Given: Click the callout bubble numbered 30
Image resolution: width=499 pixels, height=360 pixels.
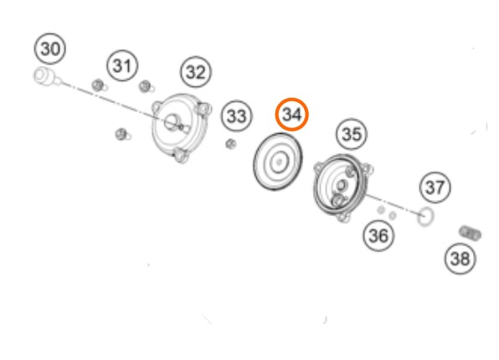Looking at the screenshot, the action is pos(50,49).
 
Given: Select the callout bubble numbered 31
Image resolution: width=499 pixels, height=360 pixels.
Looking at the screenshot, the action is pos(122,65).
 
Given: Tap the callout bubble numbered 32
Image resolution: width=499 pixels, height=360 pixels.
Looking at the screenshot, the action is pos(196,72).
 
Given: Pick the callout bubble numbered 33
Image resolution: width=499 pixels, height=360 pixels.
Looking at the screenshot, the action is pos(236,116).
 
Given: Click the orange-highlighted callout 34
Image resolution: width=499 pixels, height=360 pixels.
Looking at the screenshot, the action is pos(292,114).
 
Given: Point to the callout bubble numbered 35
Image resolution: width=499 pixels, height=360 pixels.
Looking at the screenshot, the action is pos(352,134).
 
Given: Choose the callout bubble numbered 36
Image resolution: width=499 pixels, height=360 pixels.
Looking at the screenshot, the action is pos(378,235).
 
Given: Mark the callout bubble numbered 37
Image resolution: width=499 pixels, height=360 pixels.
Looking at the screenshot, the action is pos(435,188).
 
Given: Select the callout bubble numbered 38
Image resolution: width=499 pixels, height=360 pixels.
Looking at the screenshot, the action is pos(460,258).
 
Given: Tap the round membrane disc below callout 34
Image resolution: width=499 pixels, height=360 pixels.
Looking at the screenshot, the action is pos(278,162).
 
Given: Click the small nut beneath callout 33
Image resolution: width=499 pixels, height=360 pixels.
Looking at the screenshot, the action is pos(231,144).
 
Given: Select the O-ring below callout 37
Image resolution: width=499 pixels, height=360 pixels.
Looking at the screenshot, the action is pos(425,217).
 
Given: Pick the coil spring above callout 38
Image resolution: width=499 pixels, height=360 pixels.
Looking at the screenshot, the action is pos(470,234).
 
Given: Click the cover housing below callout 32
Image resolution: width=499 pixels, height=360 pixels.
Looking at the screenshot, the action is pos(182,127).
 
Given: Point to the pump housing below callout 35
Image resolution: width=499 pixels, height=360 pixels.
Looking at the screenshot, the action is pos(342,188).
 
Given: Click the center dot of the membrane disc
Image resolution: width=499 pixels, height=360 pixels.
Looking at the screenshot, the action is pos(280,162).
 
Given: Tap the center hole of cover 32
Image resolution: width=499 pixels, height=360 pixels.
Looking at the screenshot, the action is pos(172,122).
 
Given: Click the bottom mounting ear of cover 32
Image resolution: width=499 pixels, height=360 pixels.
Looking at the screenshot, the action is pos(181,156).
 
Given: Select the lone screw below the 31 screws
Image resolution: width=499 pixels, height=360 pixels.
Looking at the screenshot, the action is pos(122,134).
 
